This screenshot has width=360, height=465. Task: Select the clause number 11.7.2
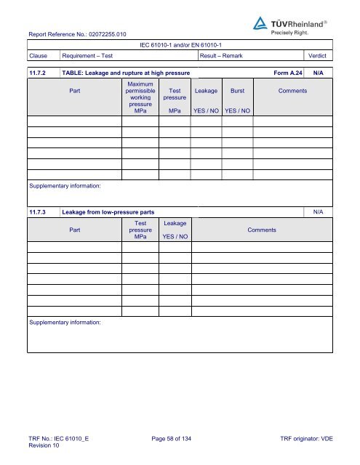point(39,73)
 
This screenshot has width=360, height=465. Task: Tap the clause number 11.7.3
point(39,211)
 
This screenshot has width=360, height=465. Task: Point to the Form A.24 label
point(288,73)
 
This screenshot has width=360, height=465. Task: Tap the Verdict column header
point(319,55)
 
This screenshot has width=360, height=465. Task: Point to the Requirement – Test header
point(87,55)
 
